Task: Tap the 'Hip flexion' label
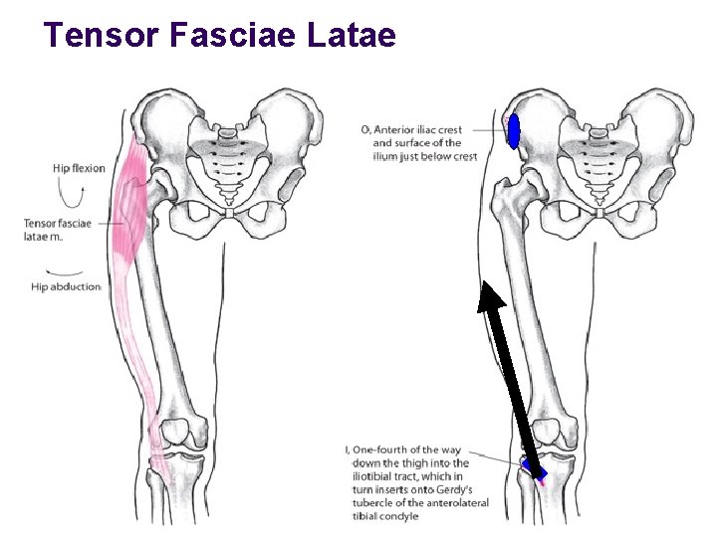pos(79,168)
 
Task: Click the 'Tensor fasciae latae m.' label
pos(58,229)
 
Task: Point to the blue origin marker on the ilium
pos(514,130)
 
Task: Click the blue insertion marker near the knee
pos(535,468)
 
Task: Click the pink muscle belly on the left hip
pos(130,214)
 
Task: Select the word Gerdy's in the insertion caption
pos(453,489)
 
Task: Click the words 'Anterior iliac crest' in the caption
pos(421,129)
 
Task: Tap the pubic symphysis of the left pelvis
pos(229,212)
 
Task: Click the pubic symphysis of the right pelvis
pos(600,212)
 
